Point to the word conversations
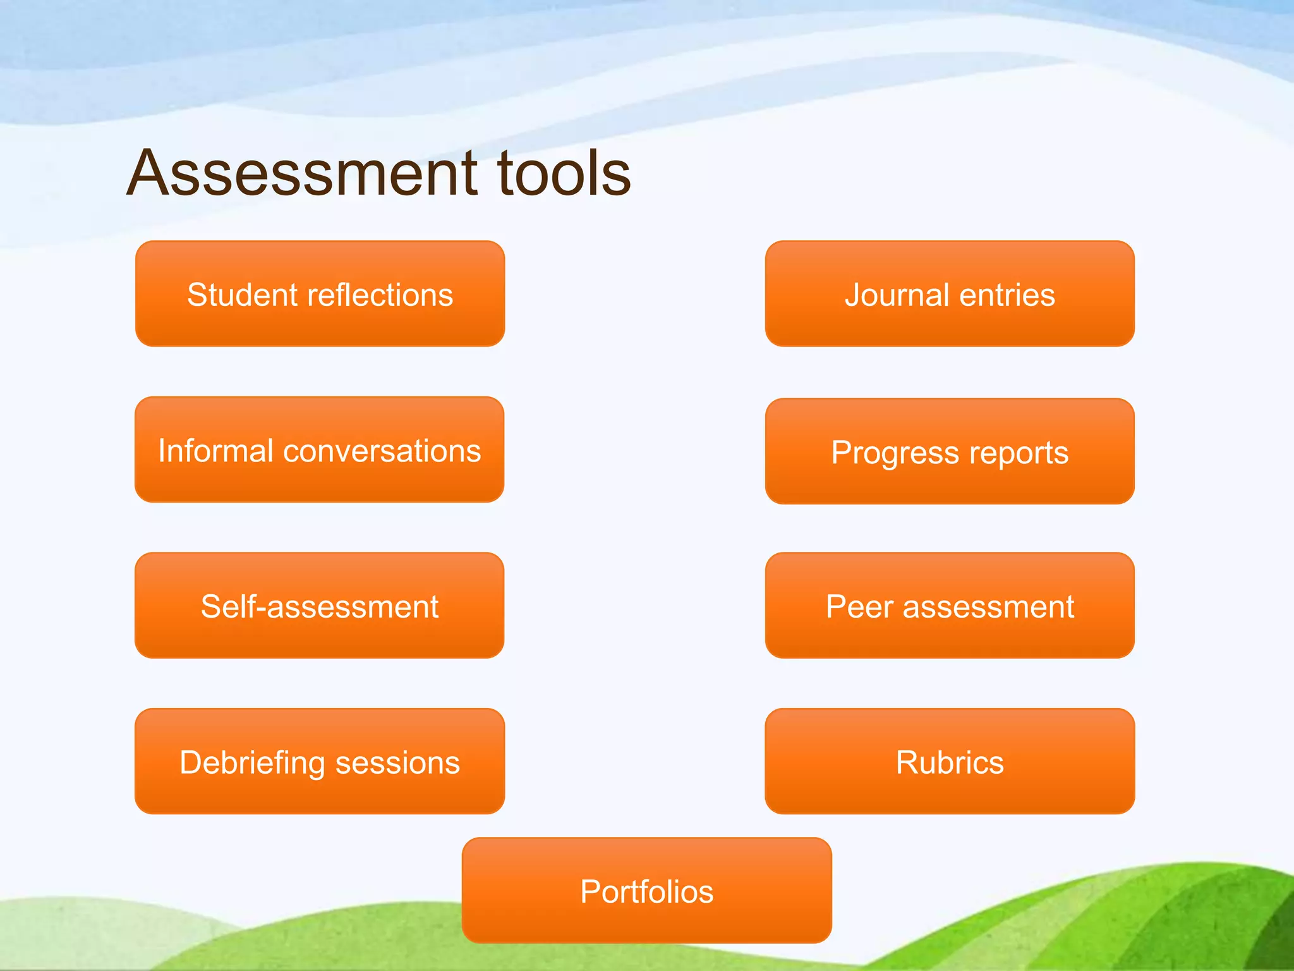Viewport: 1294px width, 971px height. (x=382, y=451)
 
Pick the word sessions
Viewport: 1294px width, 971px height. (x=397, y=763)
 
